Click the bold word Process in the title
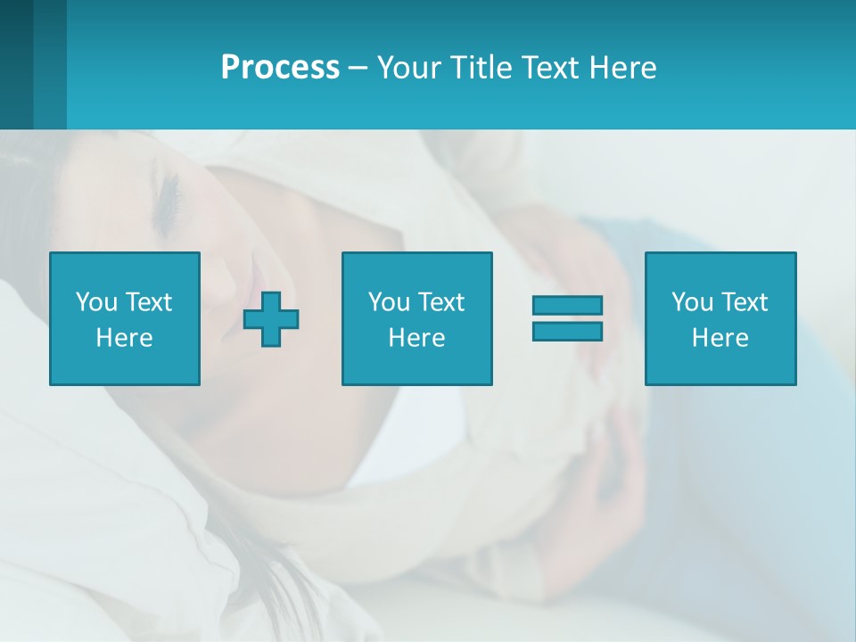[280, 68]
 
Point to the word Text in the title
[550, 68]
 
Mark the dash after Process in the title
[358, 69]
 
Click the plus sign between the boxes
[271, 318]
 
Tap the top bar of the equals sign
[567, 305]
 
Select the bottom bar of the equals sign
[567, 331]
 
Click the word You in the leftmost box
[96, 302]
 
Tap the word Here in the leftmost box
[124, 338]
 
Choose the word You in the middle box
[389, 302]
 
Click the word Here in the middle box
[416, 338]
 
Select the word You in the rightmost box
[692, 302]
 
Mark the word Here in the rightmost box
[720, 338]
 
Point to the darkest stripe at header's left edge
[16, 64]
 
